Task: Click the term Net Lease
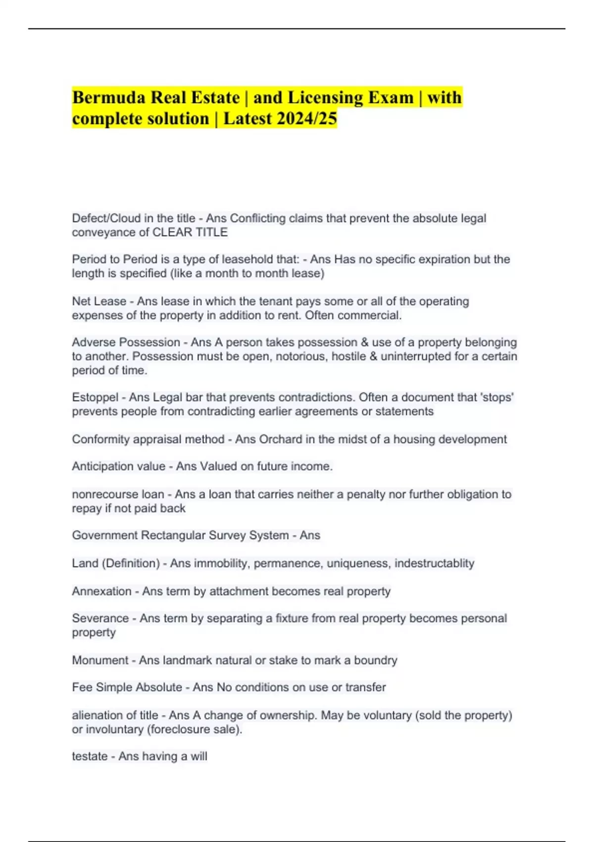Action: point(99,301)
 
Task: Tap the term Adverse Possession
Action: point(126,342)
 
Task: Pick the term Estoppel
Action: point(95,397)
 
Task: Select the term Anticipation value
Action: point(119,466)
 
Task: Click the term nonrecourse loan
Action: point(118,494)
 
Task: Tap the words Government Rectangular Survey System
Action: point(180,535)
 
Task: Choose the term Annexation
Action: point(101,591)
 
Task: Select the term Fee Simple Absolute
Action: point(127,687)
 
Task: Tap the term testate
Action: point(90,756)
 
